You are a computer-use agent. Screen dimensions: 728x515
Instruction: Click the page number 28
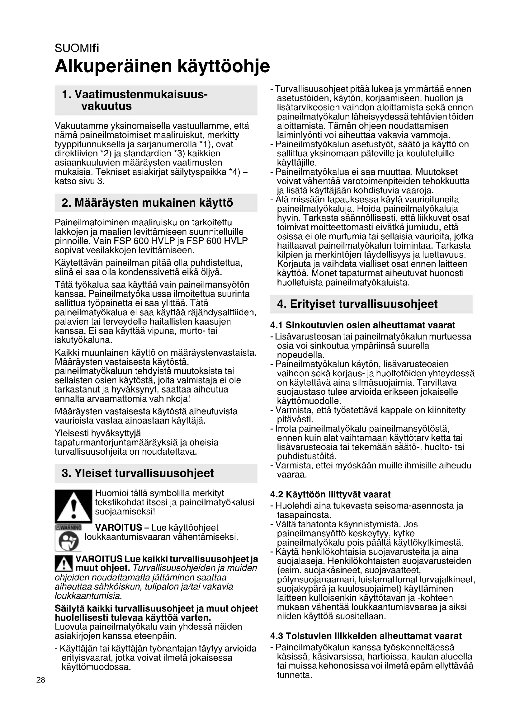point(40,680)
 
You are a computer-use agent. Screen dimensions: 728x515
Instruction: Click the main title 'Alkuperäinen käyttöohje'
point(162,66)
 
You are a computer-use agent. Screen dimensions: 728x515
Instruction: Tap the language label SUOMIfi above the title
point(77,48)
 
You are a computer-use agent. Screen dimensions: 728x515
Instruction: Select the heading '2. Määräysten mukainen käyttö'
point(148,203)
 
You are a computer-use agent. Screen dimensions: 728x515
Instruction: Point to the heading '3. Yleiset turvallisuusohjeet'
point(138,473)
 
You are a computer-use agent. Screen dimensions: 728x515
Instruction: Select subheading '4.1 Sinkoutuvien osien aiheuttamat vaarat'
point(362,325)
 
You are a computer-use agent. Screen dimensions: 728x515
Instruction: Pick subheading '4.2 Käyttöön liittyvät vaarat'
point(330,494)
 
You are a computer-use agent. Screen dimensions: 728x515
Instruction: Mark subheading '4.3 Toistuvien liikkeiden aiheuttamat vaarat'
point(366,636)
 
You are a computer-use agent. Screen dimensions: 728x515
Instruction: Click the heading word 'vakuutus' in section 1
point(106,106)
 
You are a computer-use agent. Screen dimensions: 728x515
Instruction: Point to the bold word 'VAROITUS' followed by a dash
point(118,527)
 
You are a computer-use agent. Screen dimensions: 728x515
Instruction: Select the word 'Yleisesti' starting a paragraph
point(71,433)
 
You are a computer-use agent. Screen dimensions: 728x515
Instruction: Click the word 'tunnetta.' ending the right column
point(295,675)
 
